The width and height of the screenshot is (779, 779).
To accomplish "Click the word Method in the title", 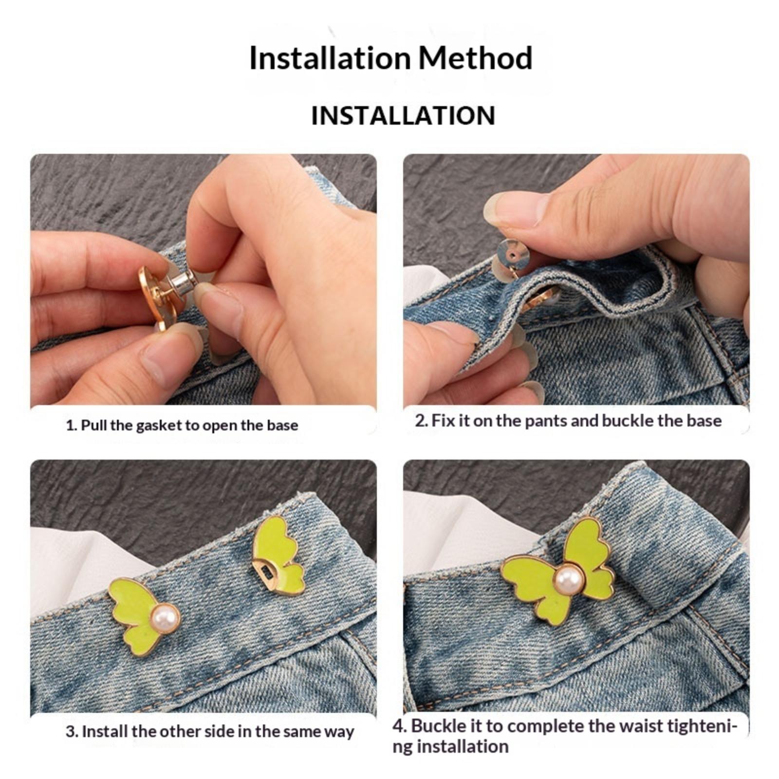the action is point(475,58).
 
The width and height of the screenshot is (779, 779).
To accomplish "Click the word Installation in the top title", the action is point(330,58).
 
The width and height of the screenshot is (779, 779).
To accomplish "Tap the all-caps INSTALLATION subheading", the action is point(403,116).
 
